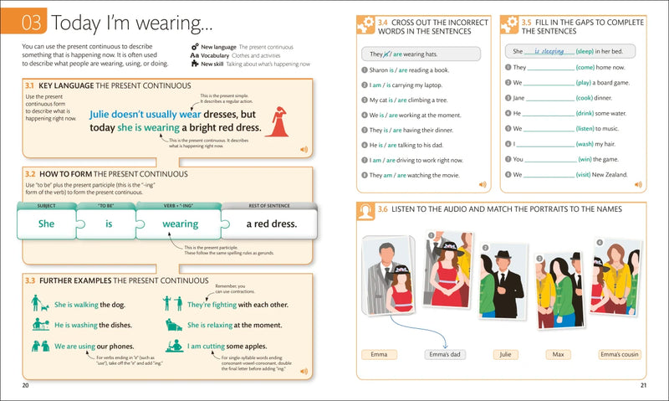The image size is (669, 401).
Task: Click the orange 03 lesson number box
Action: pyautogui.click(x=32, y=21)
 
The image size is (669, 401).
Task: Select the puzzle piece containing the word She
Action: pyautogui.click(x=46, y=224)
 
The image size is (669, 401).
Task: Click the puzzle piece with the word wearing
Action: pyautogui.click(x=180, y=224)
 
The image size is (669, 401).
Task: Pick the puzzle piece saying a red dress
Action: pyautogui.click(x=271, y=224)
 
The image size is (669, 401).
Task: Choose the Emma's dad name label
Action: pyautogui.click(x=443, y=355)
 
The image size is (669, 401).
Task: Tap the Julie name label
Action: pyautogui.click(x=503, y=355)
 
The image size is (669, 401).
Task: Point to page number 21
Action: pyautogui.click(x=643, y=385)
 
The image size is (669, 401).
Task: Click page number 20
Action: pyautogui.click(x=25, y=385)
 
